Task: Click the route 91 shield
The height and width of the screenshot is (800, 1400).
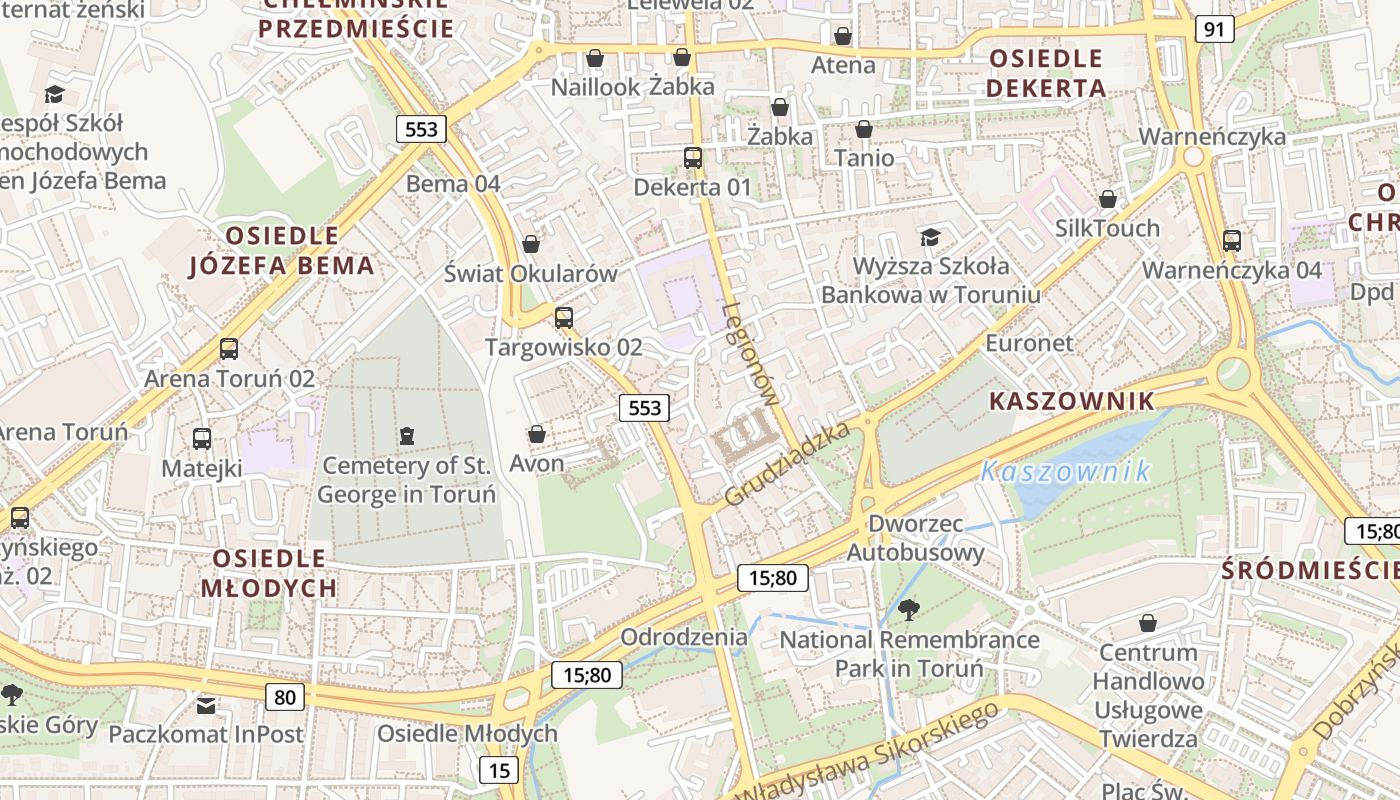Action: point(1214,29)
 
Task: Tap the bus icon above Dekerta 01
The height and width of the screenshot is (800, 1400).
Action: point(692,157)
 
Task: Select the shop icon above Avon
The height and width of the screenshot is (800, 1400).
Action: point(537,434)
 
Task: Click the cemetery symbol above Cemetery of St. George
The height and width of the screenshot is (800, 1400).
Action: point(406,436)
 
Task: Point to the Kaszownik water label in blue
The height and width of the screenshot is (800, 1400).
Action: point(1065,471)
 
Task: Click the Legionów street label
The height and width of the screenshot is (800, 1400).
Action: point(750,353)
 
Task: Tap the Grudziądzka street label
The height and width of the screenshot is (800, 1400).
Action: point(787,463)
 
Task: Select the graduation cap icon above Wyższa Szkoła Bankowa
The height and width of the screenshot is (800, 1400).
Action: point(930,237)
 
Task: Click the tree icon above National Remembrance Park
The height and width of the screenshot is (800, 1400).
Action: point(909,609)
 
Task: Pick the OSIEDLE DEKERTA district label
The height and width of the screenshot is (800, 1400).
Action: point(1046,73)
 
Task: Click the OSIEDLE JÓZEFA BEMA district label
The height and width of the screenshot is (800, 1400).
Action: point(282,250)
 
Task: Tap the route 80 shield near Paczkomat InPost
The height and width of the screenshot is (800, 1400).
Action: point(285,697)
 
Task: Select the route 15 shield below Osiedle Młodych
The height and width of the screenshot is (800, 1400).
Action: point(499,770)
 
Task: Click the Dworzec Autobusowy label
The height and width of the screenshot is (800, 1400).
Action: point(916,538)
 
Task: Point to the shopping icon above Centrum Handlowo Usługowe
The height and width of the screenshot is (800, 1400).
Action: point(1148,623)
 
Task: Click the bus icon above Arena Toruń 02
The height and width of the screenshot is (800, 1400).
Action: point(229,349)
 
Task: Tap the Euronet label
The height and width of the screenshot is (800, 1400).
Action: point(1029,343)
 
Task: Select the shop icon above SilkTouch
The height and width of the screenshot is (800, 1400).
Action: point(1107,199)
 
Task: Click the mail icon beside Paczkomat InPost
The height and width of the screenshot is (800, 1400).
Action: point(205,706)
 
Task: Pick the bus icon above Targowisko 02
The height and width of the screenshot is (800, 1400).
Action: point(564,318)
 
